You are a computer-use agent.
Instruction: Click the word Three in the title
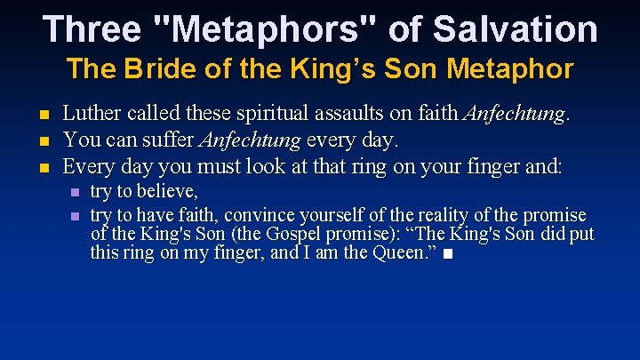tap(92, 28)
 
